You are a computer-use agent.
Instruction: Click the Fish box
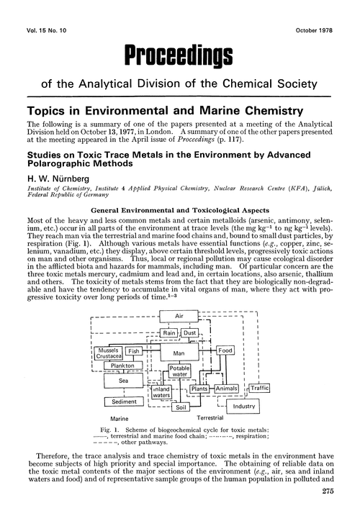(134, 351)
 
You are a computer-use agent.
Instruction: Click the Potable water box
(179, 371)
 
